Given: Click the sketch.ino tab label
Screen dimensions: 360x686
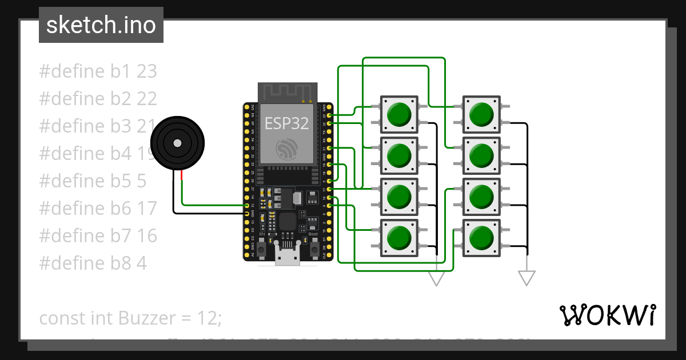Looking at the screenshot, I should (x=101, y=25).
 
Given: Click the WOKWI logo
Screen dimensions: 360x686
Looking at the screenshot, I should (x=608, y=315).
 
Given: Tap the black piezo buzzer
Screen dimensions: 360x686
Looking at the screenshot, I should (x=177, y=143).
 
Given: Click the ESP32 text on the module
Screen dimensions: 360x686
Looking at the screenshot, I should (x=287, y=123).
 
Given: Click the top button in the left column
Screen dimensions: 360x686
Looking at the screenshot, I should (x=399, y=114).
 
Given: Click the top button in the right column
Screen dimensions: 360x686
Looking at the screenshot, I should (x=481, y=114).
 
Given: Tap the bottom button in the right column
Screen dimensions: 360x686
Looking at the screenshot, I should (x=481, y=238).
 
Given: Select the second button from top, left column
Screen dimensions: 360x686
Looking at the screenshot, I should (x=399, y=155).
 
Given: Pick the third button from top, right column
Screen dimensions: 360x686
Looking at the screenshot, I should (x=481, y=197).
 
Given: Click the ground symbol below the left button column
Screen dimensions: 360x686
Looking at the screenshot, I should (x=437, y=278).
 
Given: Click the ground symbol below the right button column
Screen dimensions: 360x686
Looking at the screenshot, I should (x=527, y=278).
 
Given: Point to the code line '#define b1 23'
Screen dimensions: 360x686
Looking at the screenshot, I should (x=98, y=71).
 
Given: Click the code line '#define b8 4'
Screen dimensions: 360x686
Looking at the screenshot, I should (x=93, y=263).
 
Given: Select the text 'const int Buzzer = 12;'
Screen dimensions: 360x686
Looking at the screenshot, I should (x=130, y=318).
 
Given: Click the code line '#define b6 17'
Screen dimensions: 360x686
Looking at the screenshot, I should (x=98, y=209).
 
